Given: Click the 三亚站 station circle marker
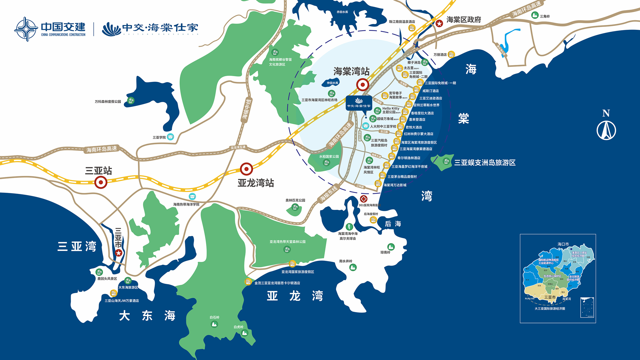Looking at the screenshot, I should [x=101, y=183].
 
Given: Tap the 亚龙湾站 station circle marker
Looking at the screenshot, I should [x=246, y=169].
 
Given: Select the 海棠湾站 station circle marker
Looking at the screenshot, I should [x=363, y=85].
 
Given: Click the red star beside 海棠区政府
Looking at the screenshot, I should [x=439, y=23].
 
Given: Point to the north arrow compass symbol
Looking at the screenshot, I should [x=606, y=130].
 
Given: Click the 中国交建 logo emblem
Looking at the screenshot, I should [x=26, y=29].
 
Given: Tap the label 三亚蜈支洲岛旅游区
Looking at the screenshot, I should [x=485, y=163].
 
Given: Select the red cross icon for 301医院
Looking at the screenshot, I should [x=364, y=199].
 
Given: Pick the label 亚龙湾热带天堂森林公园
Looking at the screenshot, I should [x=287, y=242].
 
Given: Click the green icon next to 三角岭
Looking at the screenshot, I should [x=535, y=15].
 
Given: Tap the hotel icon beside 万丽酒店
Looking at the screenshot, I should [x=451, y=54].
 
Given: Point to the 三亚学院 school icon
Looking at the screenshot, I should [x=171, y=137].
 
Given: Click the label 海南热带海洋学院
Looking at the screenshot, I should [x=186, y=204].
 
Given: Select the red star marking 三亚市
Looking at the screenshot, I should [x=119, y=253].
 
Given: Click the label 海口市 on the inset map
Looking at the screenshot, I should [x=563, y=244].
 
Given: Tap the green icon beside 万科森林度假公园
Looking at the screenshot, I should [x=131, y=101].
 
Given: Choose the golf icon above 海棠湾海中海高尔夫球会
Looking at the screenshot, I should [x=349, y=227].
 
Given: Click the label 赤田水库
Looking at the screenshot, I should [x=342, y=12].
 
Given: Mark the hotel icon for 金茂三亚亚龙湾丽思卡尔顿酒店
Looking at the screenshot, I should [x=248, y=282].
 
